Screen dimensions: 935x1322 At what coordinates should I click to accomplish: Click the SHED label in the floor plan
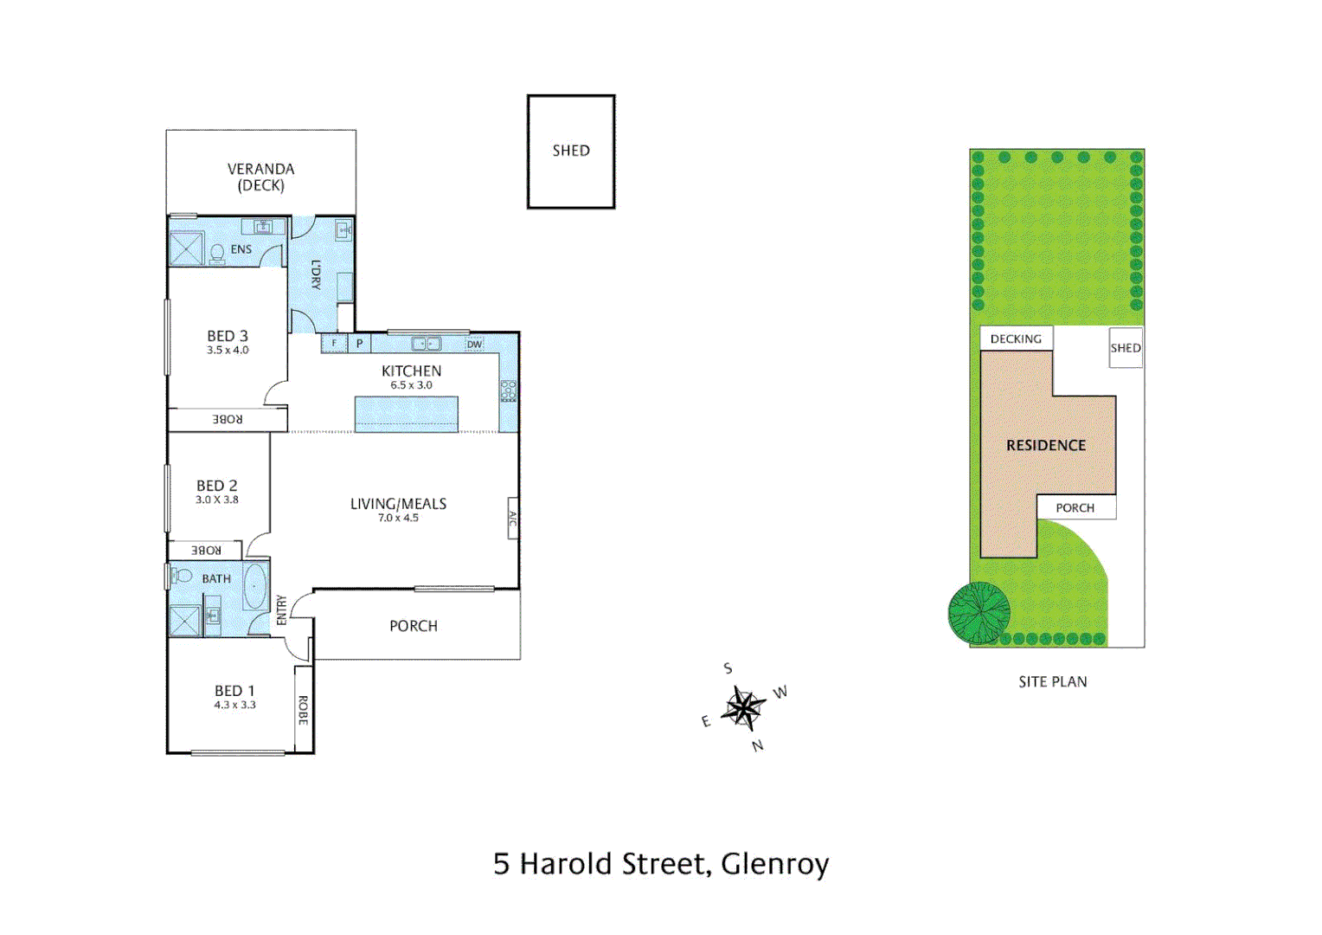pos(571,151)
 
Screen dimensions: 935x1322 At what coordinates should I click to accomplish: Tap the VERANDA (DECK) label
pos(260,177)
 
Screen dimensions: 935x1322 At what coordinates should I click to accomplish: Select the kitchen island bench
pos(407,414)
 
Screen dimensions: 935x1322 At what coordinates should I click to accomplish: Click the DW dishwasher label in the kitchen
pos(474,345)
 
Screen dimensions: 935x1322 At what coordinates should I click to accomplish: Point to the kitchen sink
pos(426,344)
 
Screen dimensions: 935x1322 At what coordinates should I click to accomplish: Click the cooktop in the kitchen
pos(509,391)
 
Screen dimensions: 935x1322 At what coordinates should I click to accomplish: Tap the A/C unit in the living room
pos(512,519)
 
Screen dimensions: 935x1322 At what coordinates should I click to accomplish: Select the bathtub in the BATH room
pos(254,587)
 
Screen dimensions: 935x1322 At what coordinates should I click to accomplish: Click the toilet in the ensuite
pos(216,253)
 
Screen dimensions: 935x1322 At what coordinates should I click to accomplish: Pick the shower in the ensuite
pos(185,249)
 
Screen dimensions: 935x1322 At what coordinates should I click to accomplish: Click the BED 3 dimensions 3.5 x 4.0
pos(228,351)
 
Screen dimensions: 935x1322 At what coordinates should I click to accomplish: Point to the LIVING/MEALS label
pos(398,504)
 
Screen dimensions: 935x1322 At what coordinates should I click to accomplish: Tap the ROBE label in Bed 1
pos(303,709)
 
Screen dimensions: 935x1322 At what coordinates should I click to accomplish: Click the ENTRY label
pos(281,609)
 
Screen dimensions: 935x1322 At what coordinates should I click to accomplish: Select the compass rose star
pos(743,708)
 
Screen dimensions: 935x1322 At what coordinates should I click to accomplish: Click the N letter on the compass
pos(758,745)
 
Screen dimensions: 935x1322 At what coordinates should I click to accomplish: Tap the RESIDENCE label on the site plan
pos(1045,445)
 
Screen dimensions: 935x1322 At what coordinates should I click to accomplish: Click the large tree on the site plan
pos(979,613)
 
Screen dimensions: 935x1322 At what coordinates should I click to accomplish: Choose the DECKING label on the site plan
pos(1016,339)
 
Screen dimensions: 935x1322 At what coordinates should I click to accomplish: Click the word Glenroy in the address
pos(774,864)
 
